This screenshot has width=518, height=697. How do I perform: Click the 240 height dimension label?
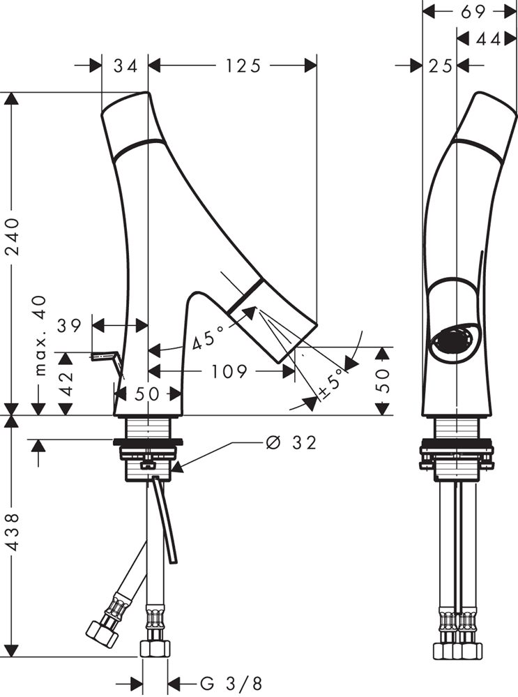(x=13, y=236)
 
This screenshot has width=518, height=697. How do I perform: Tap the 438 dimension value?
(x=13, y=532)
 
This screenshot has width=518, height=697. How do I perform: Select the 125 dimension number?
(x=243, y=66)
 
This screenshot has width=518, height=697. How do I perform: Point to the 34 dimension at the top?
(x=125, y=66)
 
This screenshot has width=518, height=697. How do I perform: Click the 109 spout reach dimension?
(x=229, y=371)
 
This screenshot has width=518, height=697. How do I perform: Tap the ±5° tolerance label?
(x=331, y=383)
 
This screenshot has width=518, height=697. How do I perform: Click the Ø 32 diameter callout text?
(x=291, y=442)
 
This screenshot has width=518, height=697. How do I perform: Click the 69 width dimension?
(x=473, y=12)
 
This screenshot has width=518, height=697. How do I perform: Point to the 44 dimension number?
(x=488, y=40)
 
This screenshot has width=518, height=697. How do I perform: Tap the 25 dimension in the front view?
(x=441, y=66)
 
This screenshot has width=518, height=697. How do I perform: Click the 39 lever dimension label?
(x=70, y=326)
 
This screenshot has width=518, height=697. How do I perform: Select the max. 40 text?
(x=40, y=335)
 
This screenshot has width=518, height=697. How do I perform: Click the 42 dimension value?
(x=66, y=383)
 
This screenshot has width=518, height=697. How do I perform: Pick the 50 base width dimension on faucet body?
(x=147, y=394)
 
